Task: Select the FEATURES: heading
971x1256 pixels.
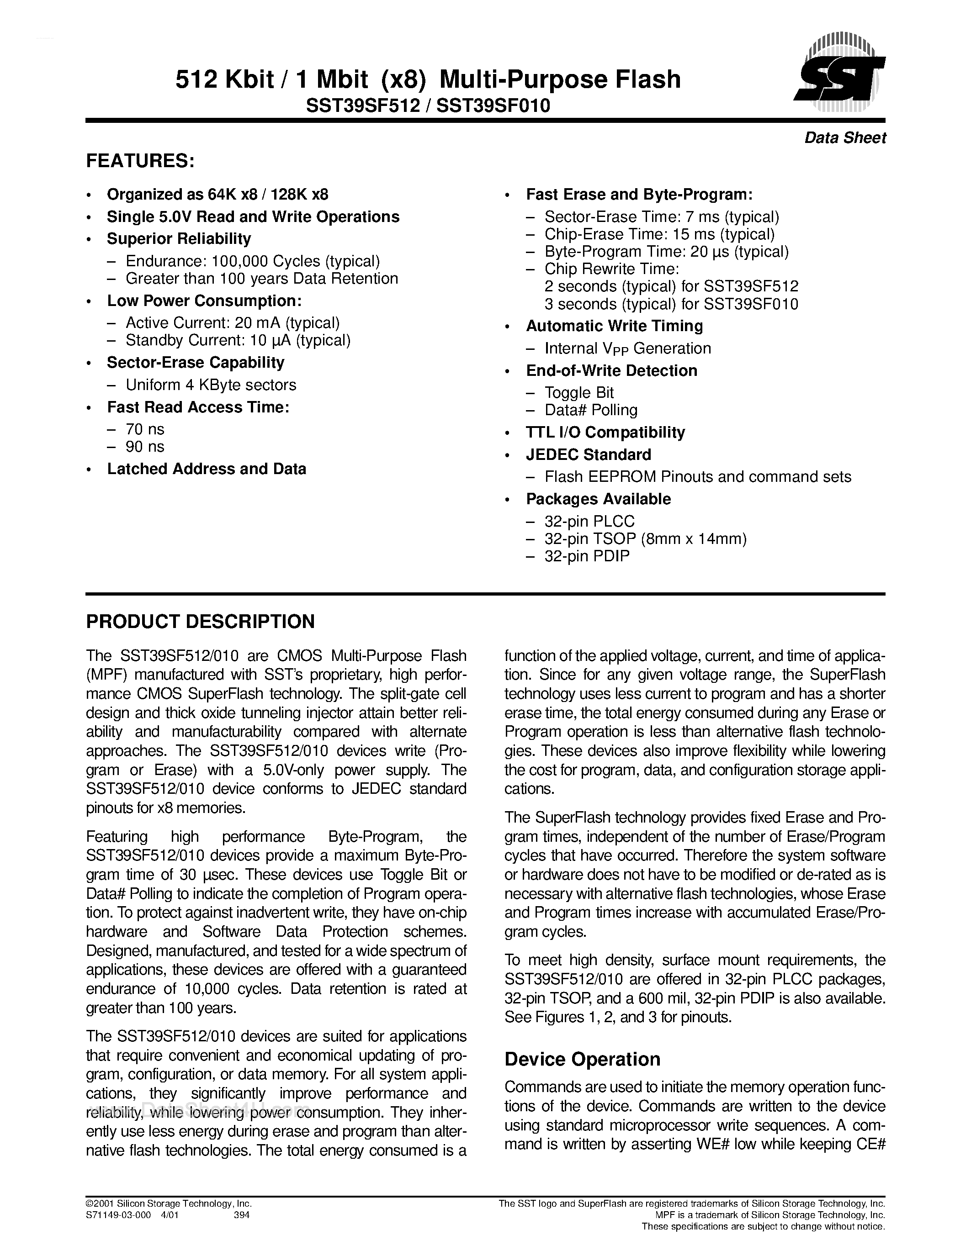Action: [140, 161]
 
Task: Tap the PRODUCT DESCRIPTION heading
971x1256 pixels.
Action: [200, 622]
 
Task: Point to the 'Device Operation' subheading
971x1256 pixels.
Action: [582, 1059]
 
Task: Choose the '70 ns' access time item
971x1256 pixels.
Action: [145, 430]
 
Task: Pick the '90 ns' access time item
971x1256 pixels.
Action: [145, 447]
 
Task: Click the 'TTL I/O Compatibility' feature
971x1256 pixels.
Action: [605, 433]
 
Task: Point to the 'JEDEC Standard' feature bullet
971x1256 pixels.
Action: [589, 455]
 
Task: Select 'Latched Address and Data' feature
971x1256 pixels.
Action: [207, 469]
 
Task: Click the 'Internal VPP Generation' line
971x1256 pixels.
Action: [627, 348]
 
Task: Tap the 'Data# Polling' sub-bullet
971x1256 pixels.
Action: [591, 410]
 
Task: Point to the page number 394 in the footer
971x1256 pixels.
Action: [242, 1215]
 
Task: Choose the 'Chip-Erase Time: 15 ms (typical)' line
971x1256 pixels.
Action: [659, 235]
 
